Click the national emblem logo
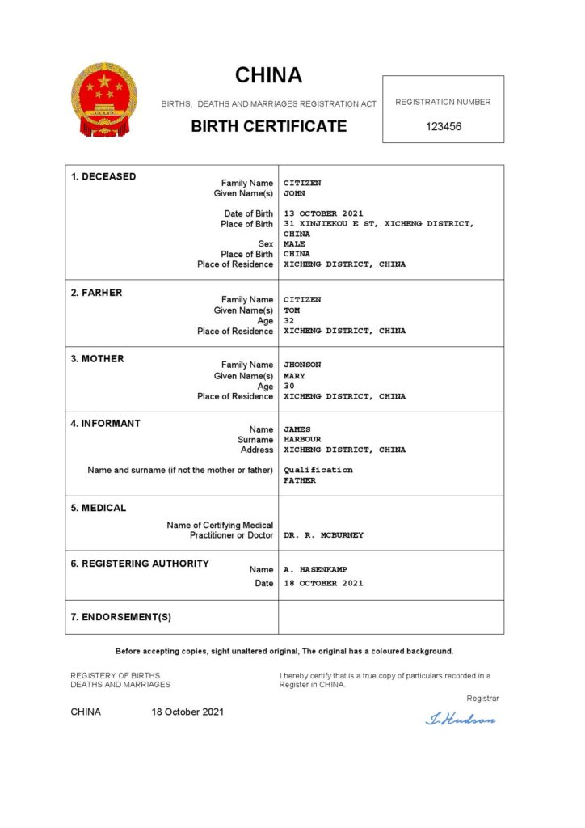click(104, 100)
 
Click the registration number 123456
click(443, 127)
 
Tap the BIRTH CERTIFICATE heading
click(269, 126)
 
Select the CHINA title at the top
click(269, 76)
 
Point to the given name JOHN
click(294, 194)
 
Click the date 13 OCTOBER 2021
click(323, 214)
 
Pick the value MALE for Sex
click(294, 244)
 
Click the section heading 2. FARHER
click(96, 293)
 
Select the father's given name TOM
click(292, 310)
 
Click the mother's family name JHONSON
click(302, 365)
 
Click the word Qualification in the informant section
click(318, 470)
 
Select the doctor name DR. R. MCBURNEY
click(323, 535)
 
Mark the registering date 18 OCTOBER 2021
click(323, 583)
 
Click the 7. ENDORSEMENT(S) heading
click(120, 617)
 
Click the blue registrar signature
click(460, 718)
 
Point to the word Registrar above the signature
click(482, 698)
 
